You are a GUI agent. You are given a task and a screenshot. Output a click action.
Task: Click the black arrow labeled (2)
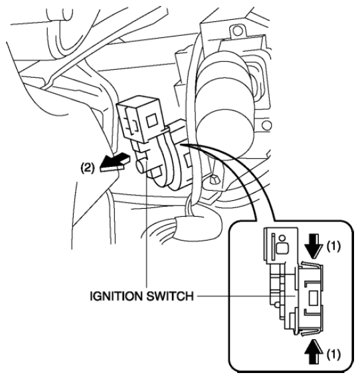[114, 162]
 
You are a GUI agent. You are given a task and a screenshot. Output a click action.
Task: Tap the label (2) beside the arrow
[87, 168]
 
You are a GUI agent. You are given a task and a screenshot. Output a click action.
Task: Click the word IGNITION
[116, 296]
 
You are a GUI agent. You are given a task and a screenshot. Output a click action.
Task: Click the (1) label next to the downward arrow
[333, 246]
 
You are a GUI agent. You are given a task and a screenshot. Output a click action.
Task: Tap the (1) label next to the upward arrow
[333, 354]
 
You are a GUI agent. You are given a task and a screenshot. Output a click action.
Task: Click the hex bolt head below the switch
[214, 180]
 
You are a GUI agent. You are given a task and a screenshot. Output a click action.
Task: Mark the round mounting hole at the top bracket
[238, 31]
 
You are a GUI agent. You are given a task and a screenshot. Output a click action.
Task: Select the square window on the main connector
[152, 120]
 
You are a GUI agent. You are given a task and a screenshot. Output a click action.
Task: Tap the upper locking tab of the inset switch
[312, 264]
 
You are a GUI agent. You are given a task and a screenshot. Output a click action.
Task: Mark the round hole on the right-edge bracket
[266, 125]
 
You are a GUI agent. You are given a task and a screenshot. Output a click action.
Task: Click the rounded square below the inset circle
[282, 248]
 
